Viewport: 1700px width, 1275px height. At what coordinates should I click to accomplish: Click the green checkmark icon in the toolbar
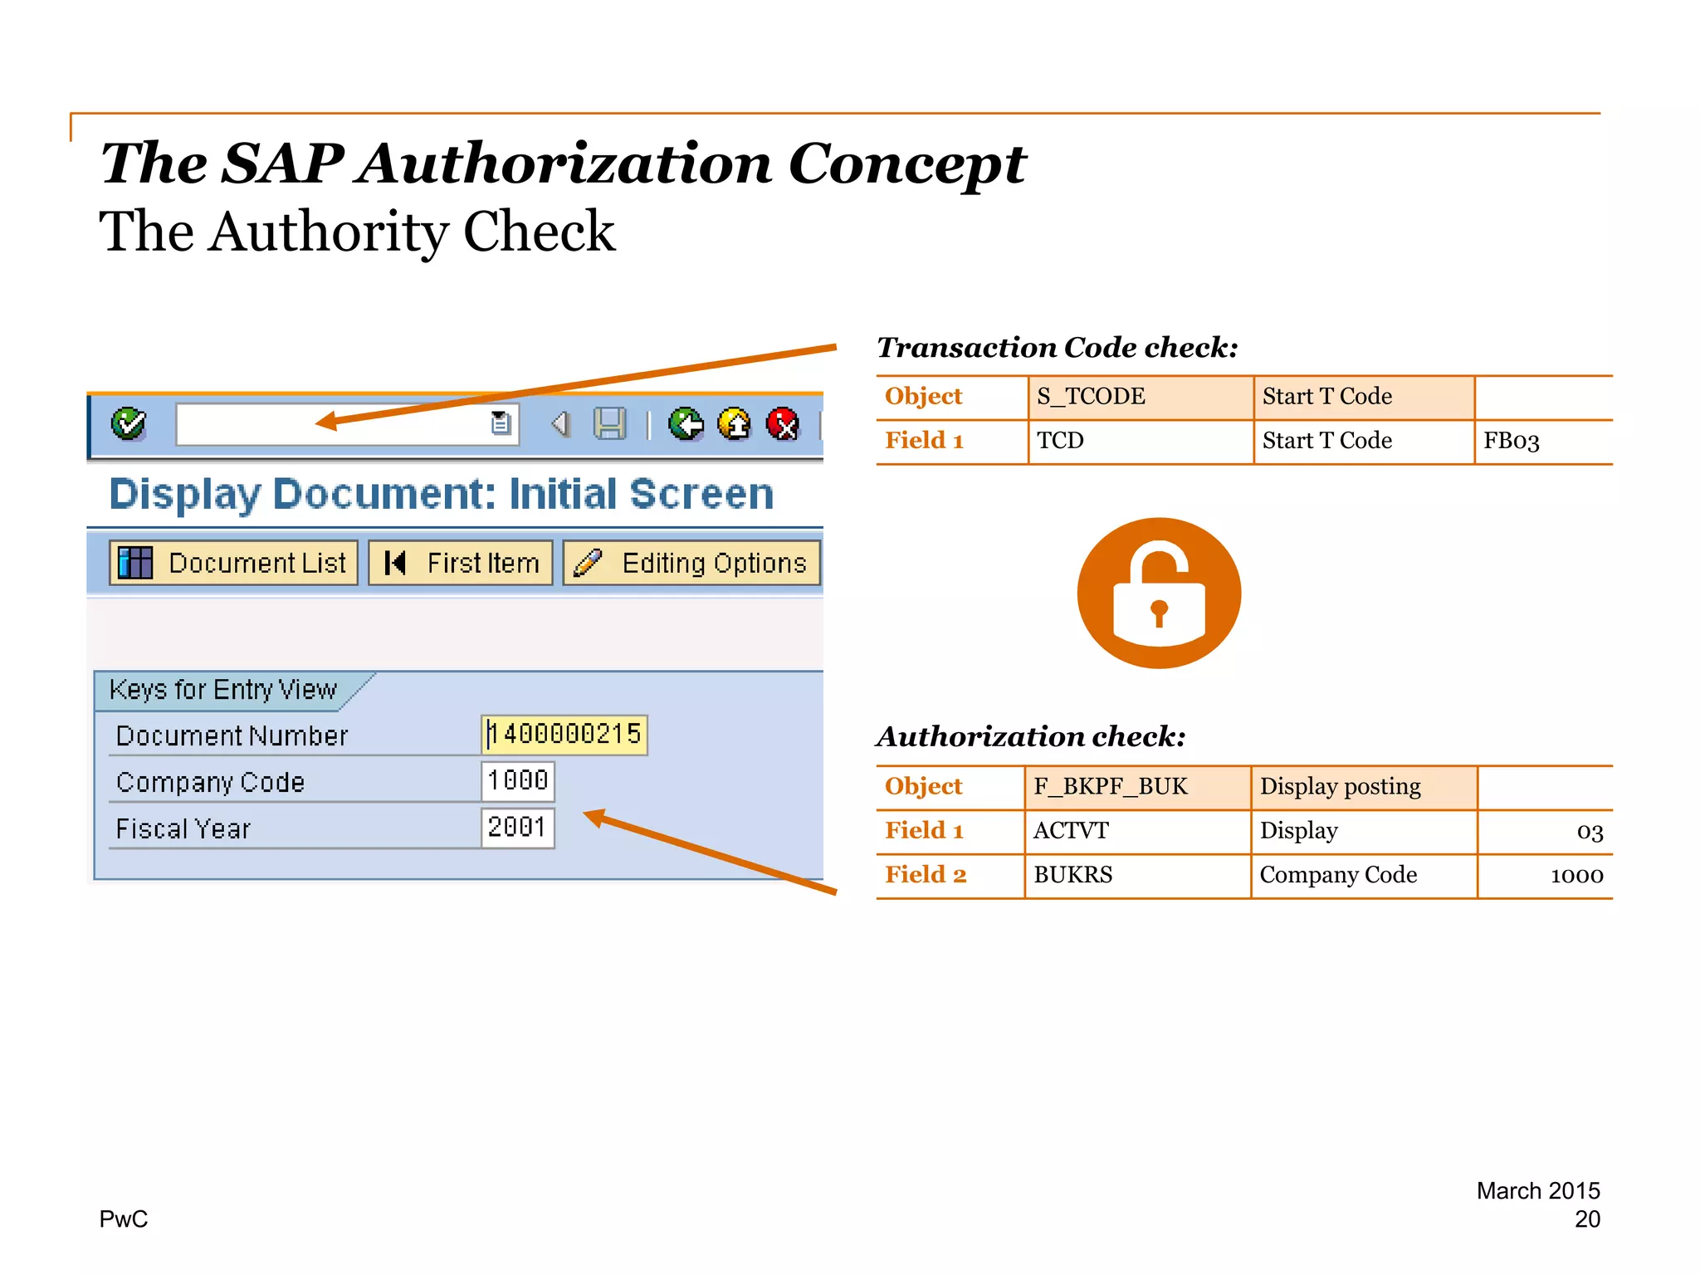129,424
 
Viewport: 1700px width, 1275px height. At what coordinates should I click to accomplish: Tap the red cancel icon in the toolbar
783,425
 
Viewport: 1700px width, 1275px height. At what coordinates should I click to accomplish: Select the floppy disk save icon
610,424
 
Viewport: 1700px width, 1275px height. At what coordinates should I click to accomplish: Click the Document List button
234,563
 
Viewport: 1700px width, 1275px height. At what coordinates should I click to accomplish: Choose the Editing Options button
691,563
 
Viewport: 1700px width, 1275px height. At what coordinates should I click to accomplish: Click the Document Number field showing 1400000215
564,735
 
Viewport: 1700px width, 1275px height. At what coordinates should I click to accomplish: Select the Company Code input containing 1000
518,781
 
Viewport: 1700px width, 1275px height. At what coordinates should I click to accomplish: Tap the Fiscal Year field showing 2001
518,828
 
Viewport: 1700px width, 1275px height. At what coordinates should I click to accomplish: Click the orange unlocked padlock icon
1159,593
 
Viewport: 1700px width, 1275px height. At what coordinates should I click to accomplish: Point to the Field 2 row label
926,875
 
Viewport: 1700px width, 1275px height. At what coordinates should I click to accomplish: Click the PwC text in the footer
124,1219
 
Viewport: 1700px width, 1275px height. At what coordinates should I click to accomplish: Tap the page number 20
1587,1219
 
